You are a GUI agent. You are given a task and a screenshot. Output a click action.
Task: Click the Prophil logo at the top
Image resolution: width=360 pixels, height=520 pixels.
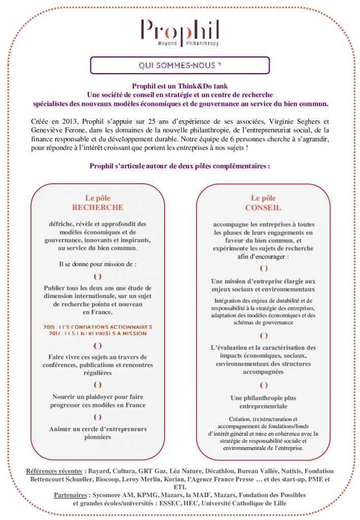[180, 33]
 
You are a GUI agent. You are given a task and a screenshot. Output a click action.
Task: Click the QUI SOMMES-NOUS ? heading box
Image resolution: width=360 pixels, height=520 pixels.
[180, 66]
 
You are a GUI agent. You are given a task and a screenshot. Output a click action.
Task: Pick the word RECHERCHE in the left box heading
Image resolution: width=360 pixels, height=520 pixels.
[97, 207]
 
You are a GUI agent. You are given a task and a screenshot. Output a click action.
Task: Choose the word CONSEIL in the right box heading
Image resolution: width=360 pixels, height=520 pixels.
[263, 207]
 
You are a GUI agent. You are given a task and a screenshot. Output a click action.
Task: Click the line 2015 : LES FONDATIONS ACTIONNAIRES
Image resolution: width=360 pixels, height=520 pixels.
[98, 327]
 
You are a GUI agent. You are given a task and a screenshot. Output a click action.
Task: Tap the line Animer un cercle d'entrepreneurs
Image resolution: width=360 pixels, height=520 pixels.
[98, 429]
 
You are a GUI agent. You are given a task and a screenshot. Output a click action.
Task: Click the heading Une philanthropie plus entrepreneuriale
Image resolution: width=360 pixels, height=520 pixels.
[263, 402]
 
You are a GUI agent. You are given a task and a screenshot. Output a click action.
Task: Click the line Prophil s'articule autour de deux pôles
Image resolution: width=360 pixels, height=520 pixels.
[179, 166]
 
